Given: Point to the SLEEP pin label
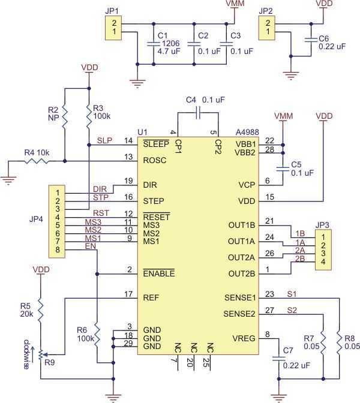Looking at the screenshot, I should tap(155, 145).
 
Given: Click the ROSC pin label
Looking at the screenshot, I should tap(154, 160).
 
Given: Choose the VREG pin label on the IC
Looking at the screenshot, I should tap(244, 338).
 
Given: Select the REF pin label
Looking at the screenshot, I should tap(151, 296).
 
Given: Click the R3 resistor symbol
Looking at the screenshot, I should tap(88, 112).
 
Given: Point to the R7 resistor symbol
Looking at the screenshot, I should tap(323, 341).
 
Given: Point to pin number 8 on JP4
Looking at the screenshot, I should tap(56, 249).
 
